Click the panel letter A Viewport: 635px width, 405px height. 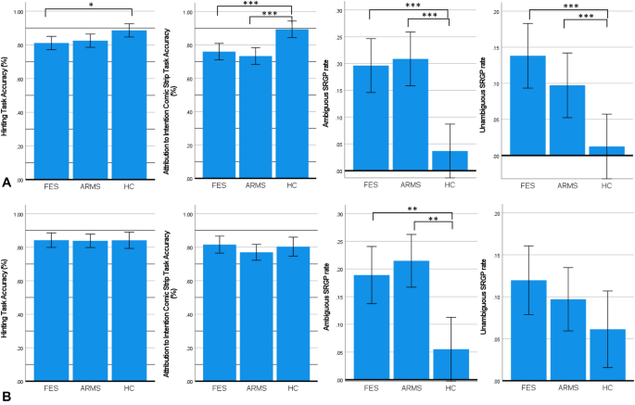[x=6, y=184]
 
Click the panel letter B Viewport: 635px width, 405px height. [x=6, y=395]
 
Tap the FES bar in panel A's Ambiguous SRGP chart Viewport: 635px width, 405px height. [x=371, y=118]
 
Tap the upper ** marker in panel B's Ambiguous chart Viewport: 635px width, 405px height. [x=412, y=209]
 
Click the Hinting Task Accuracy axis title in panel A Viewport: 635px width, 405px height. [x=7, y=94]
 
